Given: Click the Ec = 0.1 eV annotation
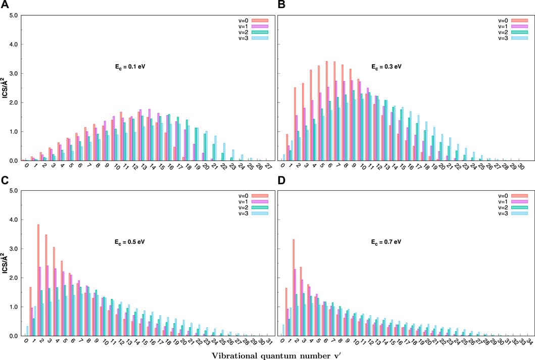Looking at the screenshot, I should pyautogui.click(x=130, y=66).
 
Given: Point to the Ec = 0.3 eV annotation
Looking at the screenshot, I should pyautogui.click(x=386, y=66).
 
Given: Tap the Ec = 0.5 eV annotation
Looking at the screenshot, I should pyautogui.click(x=130, y=242).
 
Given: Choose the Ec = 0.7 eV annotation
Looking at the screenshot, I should pyautogui.click(x=386, y=242).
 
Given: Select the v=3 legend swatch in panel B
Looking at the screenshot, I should pyautogui.click(x=519, y=38).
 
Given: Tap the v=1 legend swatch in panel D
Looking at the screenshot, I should pyautogui.click(x=519, y=201).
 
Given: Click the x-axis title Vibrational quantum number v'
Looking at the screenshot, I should pyautogui.click(x=267, y=354).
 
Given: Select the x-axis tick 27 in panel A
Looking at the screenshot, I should pyautogui.click(x=267, y=167).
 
